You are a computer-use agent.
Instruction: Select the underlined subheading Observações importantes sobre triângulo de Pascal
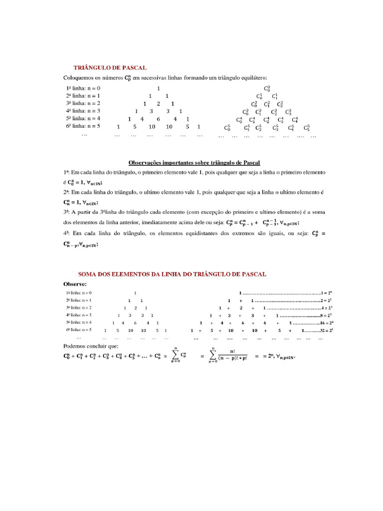(194, 163)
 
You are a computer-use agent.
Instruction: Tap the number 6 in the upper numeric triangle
(158, 119)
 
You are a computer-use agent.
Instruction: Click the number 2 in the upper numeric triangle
(158, 104)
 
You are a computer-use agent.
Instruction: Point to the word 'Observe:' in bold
(75, 283)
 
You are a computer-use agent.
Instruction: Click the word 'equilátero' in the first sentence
(254, 78)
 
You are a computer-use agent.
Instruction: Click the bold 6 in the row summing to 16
(242, 323)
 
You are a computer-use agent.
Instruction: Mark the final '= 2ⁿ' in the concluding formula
(266, 356)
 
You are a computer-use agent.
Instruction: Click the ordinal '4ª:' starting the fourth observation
(67, 233)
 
